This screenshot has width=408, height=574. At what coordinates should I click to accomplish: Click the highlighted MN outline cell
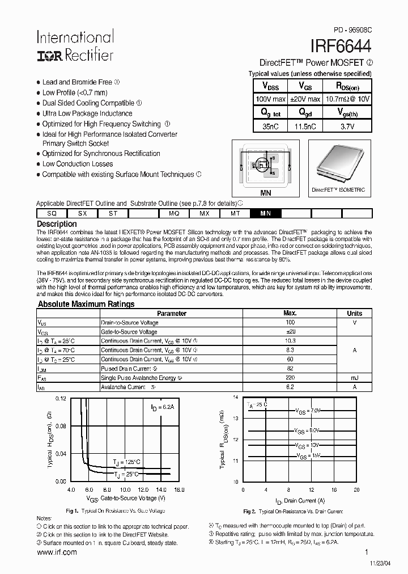(265, 214)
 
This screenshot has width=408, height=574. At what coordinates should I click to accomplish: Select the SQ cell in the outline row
(52, 214)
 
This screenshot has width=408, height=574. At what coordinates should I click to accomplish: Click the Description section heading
(56, 224)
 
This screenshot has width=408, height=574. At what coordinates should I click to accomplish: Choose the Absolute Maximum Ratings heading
(86, 304)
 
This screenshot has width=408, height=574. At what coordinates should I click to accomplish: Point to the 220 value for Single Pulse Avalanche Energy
(290, 378)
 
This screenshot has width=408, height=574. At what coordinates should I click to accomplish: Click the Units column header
(354, 313)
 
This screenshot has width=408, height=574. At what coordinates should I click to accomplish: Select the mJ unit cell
(354, 378)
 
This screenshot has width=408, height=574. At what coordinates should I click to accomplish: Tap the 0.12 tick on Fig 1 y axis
(61, 398)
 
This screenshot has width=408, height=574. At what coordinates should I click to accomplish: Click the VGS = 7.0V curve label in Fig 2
(308, 410)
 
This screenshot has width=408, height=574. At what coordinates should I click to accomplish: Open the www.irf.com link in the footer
(57, 552)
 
